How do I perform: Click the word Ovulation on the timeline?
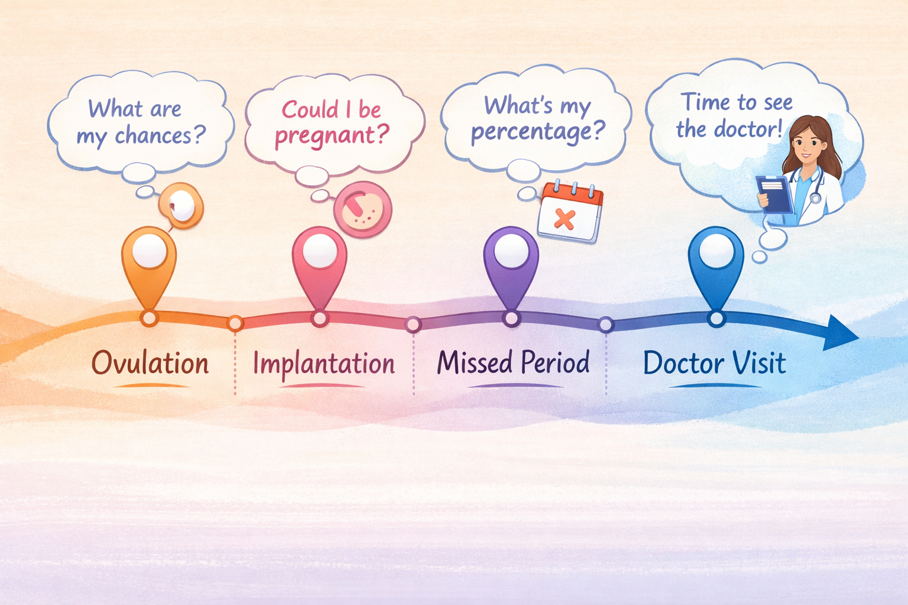pyautogui.click(x=150, y=363)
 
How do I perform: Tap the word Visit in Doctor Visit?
pyautogui.click(x=760, y=363)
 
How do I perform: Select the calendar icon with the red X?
pyautogui.click(x=570, y=213)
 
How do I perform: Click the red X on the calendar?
pyautogui.click(x=565, y=220)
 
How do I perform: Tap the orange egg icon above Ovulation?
pyautogui.click(x=181, y=205)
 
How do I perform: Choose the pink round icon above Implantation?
pyautogui.click(x=362, y=209)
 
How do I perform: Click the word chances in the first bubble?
pyautogui.click(x=153, y=135)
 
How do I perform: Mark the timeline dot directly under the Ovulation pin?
pyautogui.click(x=149, y=318)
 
